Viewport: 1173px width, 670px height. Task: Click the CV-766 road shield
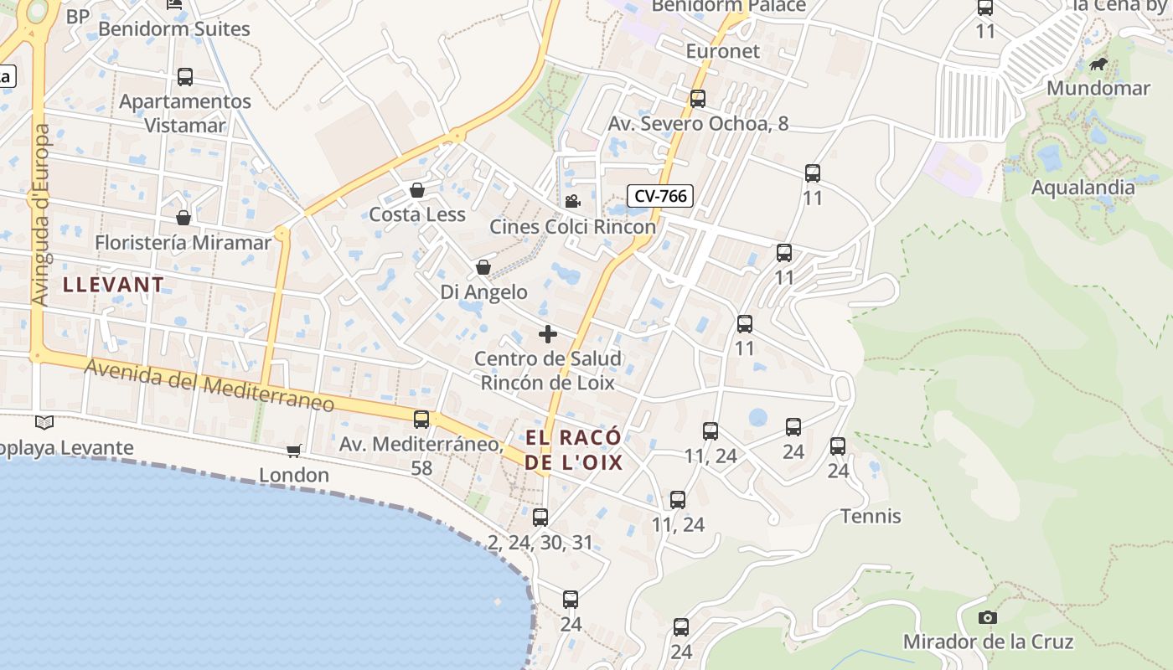(x=660, y=196)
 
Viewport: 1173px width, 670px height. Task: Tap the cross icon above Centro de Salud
(x=548, y=334)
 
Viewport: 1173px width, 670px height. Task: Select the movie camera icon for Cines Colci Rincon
(x=573, y=201)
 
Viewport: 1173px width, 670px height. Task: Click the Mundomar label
(x=1098, y=88)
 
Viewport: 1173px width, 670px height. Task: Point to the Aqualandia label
(x=1083, y=187)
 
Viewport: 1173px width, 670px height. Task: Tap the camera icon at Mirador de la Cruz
(x=988, y=617)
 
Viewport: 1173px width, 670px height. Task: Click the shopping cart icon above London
(x=293, y=451)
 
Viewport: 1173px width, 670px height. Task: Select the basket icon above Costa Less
(x=417, y=190)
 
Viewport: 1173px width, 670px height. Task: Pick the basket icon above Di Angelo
(x=483, y=267)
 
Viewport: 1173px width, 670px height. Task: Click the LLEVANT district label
(x=114, y=284)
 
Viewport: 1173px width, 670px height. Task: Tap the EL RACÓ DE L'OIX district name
(x=574, y=449)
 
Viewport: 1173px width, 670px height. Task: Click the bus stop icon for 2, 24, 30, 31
(x=540, y=518)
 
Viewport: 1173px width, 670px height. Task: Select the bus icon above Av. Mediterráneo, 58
(x=421, y=420)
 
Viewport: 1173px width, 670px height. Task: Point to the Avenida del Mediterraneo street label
(x=209, y=386)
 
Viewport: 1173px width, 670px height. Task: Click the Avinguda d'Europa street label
(x=39, y=215)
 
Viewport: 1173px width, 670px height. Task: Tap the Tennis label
(x=871, y=516)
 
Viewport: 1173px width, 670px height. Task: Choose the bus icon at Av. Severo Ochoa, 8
(x=698, y=99)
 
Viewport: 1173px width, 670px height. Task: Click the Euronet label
(x=722, y=51)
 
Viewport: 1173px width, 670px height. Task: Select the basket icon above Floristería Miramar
(x=183, y=218)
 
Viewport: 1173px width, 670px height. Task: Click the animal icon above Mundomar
(x=1098, y=64)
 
